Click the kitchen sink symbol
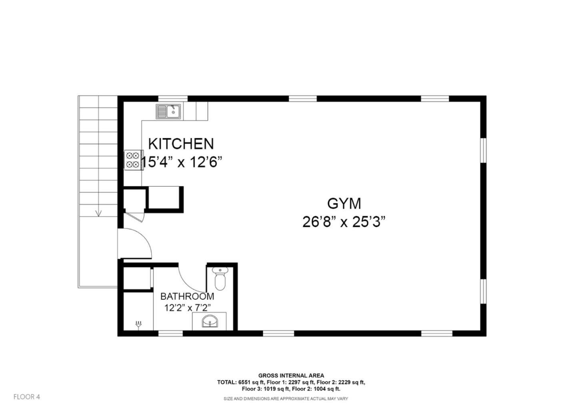[168, 111]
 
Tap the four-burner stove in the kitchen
[134, 159]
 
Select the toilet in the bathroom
[220, 278]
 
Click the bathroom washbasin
[210, 321]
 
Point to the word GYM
[344, 203]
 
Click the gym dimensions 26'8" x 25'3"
[344, 221]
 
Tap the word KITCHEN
[181, 143]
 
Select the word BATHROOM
[187, 296]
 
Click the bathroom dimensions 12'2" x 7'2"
[187, 307]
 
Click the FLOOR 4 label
[27, 397]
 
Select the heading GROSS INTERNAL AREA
[291, 376]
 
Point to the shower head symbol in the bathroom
[139, 324]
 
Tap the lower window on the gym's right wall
[483, 291]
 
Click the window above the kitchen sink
[173, 98]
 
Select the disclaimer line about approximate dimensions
[286, 399]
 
